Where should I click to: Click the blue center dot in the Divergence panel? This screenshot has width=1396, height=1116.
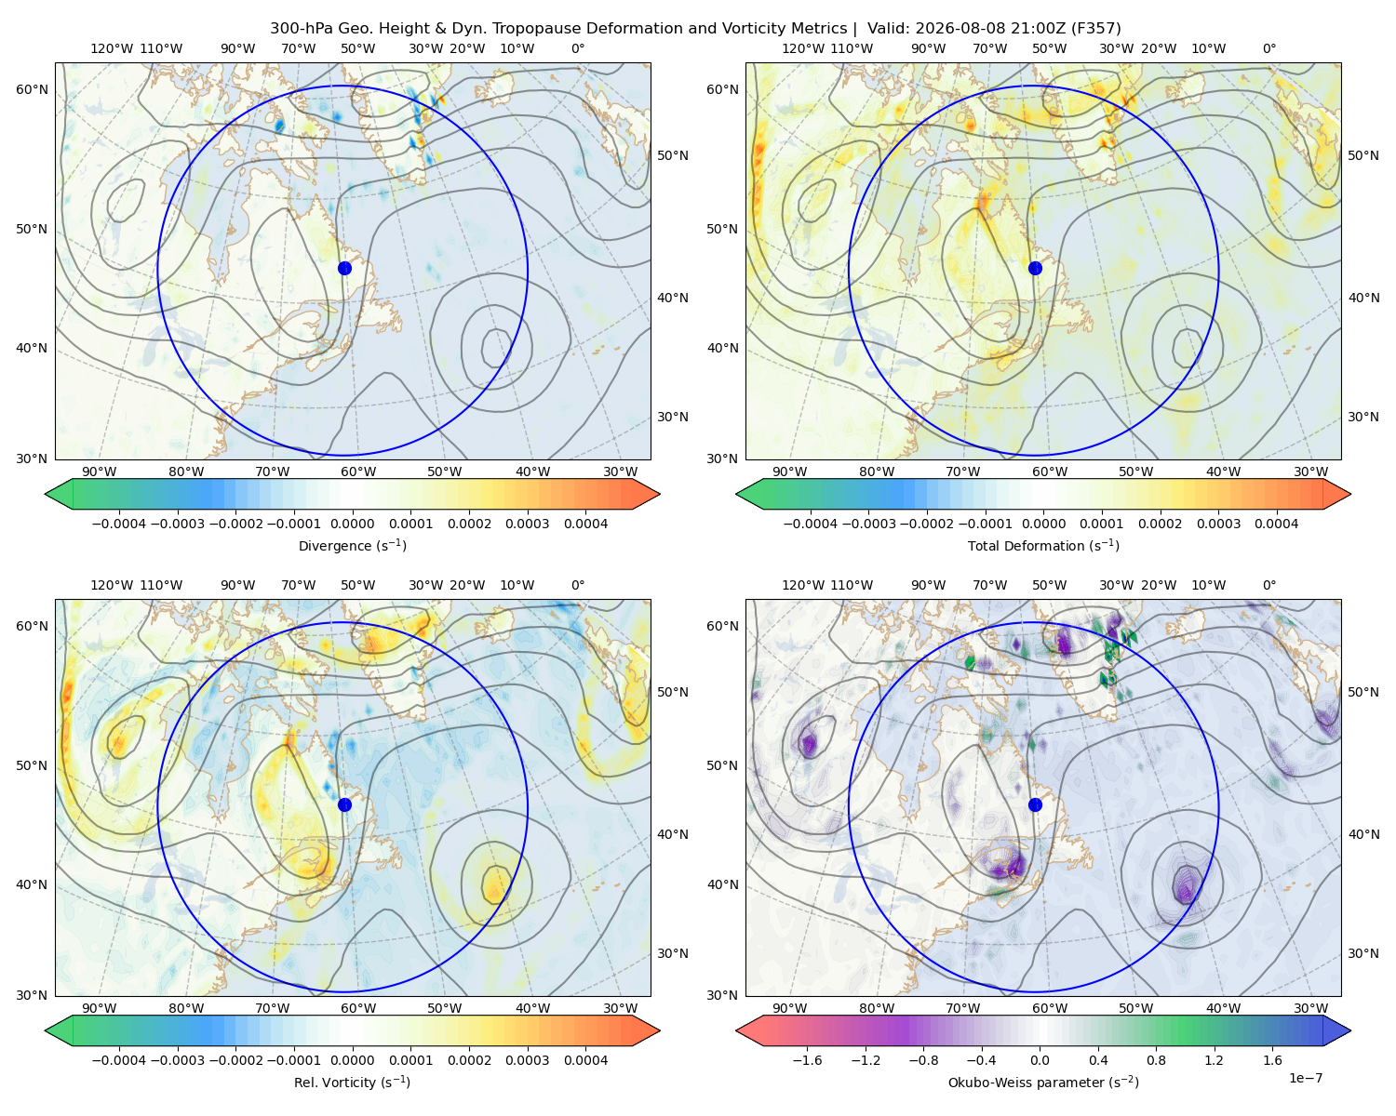point(344,268)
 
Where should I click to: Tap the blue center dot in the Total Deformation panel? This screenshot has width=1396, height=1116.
point(1035,268)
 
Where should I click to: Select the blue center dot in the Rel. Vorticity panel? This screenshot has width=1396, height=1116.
point(344,804)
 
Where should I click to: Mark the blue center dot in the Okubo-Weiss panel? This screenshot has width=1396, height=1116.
point(1035,804)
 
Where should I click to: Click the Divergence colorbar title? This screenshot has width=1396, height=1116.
point(352,545)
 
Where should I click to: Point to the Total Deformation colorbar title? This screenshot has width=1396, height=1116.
point(1043,545)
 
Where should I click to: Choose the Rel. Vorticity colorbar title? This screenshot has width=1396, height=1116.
point(352,1082)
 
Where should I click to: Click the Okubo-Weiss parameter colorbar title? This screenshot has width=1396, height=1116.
point(1043,1082)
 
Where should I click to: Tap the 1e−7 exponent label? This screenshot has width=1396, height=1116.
point(1305,1078)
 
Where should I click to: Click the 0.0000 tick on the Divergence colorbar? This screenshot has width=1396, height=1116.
point(352,524)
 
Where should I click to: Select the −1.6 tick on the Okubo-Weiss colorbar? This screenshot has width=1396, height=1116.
point(807,1060)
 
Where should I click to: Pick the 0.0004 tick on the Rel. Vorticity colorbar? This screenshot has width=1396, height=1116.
point(585,1060)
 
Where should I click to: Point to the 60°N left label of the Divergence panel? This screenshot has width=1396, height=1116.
point(32,89)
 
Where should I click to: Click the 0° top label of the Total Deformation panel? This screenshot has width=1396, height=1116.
point(1268,48)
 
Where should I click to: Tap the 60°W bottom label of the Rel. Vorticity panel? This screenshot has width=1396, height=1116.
point(358,1008)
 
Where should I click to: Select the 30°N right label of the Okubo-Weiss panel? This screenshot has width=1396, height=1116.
point(1362,953)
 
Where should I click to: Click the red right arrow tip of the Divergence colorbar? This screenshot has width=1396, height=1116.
point(659,494)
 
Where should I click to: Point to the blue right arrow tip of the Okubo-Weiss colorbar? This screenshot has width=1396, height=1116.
point(1350,1030)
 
